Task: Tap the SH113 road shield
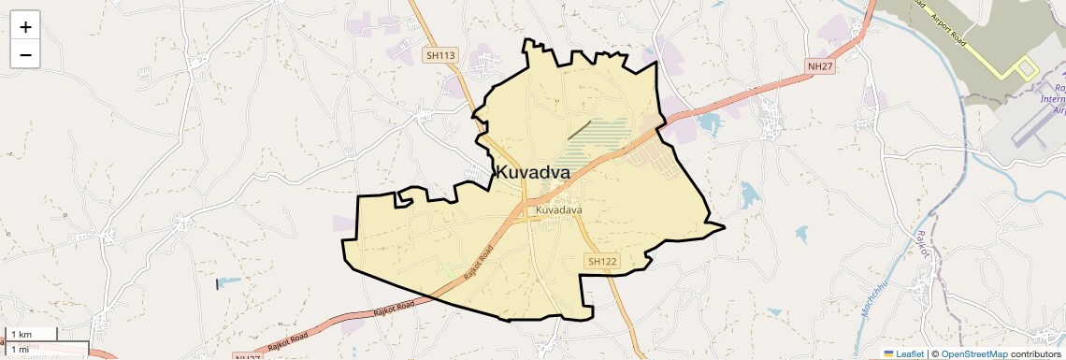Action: [x=440, y=56]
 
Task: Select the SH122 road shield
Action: [x=602, y=262]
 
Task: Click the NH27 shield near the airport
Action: [x=820, y=65]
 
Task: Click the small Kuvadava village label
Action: [x=558, y=210]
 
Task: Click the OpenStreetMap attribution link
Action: [x=973, y=353]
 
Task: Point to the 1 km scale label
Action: [x=22, y=335]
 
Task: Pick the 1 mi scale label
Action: [x=21, y=350]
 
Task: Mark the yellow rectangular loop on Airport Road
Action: [x=1027, y=67]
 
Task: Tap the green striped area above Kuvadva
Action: [x=598, y=140]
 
